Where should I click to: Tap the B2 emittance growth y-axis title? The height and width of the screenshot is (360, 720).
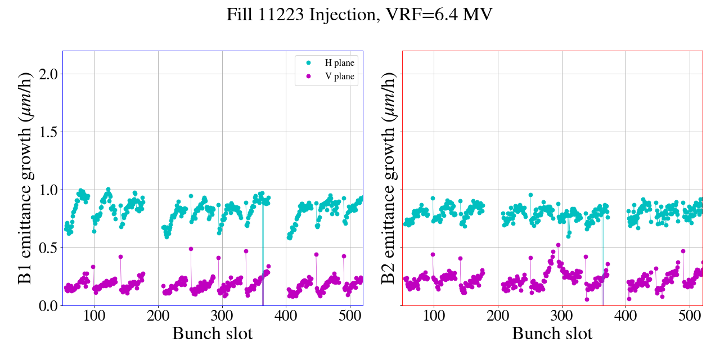tap(389, 178)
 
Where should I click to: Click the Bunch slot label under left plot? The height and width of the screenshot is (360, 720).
tap(212, 334)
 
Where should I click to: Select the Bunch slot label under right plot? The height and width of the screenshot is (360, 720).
tap(552, 334)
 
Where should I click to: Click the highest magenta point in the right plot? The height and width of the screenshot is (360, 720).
tap(558, 245)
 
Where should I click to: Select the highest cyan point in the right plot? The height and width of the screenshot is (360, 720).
tap(530, 195)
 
